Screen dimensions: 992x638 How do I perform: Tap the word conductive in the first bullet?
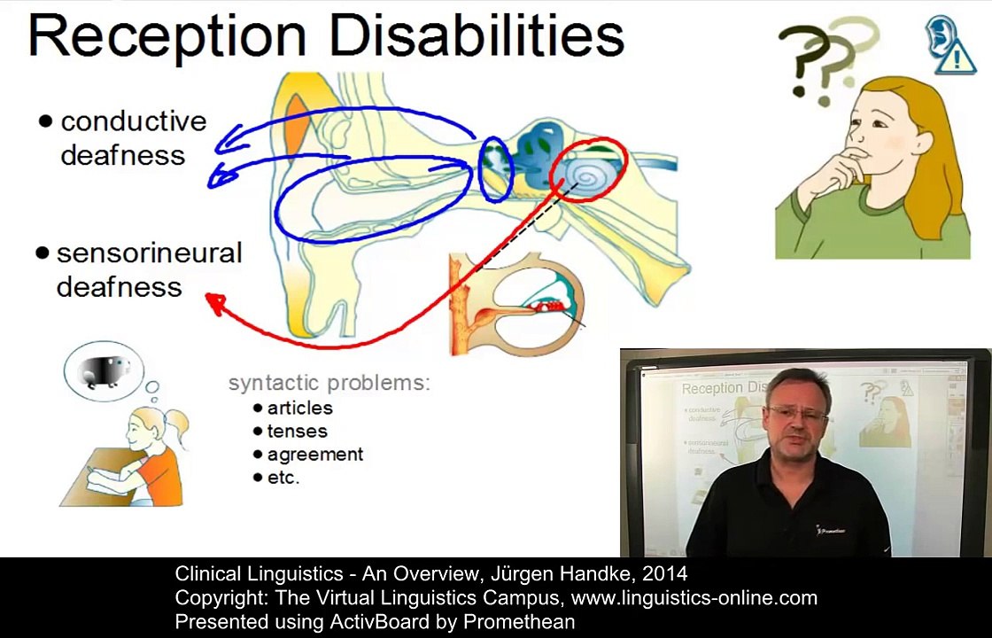pos(134,121)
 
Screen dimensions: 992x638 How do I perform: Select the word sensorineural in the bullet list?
pos(150,253)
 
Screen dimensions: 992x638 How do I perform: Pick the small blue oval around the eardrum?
pos(495,169)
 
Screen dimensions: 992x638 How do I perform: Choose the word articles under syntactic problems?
pos(299,408)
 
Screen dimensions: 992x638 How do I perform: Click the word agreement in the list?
pos(315,455)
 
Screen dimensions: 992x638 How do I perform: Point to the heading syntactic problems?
pos(329,383)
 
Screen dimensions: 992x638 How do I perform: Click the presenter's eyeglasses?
pos(798,414)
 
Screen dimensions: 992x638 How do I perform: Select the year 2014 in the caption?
pos(664,574)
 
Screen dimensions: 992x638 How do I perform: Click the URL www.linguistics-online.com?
pos(694,598)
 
